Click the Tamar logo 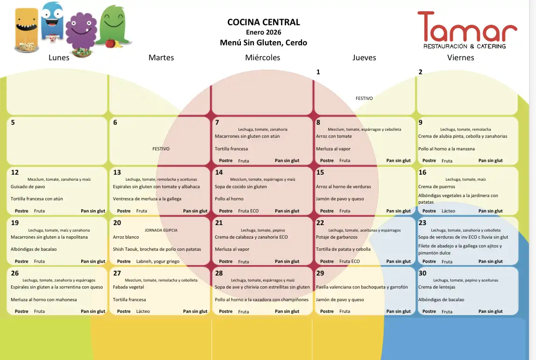point(467,29)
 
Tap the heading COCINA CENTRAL point(263,22)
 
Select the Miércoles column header point(262,57)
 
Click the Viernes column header point(460,57)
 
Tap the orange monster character point(26,27)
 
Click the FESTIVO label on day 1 point(364,99)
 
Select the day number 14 point(219,172)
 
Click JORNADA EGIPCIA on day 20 point(161,230)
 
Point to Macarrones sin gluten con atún point(247,136)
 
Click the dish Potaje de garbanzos point(336,237)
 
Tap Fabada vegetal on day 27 point(128,287)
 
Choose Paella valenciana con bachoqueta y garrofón point(362,287)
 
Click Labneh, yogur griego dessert point(158,261)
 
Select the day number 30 point(423,273)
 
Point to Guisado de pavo point(28,187)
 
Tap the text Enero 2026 point(263,32)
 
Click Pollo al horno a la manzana point(446,149)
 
